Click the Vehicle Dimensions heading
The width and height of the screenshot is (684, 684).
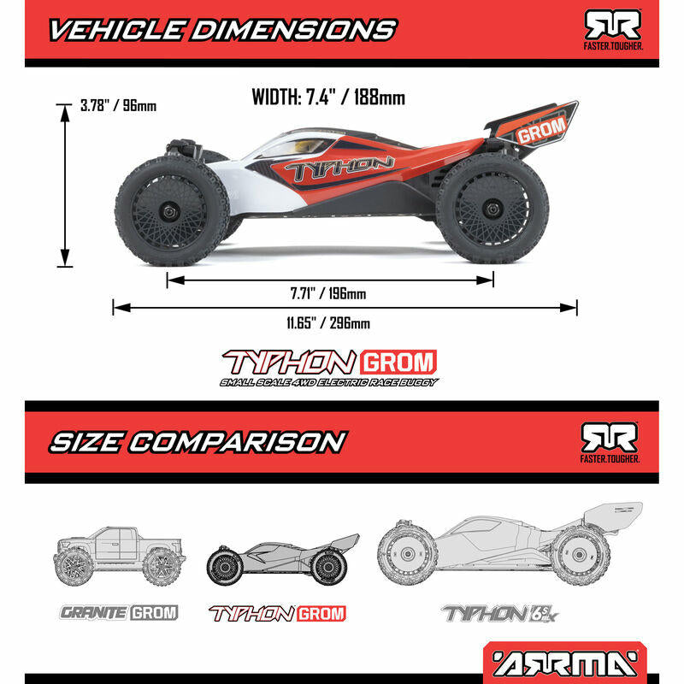click(x=221, y=30)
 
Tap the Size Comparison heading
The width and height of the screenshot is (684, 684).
click(x=197, y=442)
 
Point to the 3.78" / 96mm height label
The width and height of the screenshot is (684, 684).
click(x=118, y=106)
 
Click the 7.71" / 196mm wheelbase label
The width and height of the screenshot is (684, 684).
click(x=327, y=294)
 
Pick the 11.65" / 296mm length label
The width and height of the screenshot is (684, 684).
click(x=328, y=323)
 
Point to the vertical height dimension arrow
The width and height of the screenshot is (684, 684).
click(x=64, y=184)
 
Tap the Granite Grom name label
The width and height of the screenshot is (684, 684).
click(x=118, y=612)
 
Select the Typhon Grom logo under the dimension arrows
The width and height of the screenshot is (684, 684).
click(x=329, y=365)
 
